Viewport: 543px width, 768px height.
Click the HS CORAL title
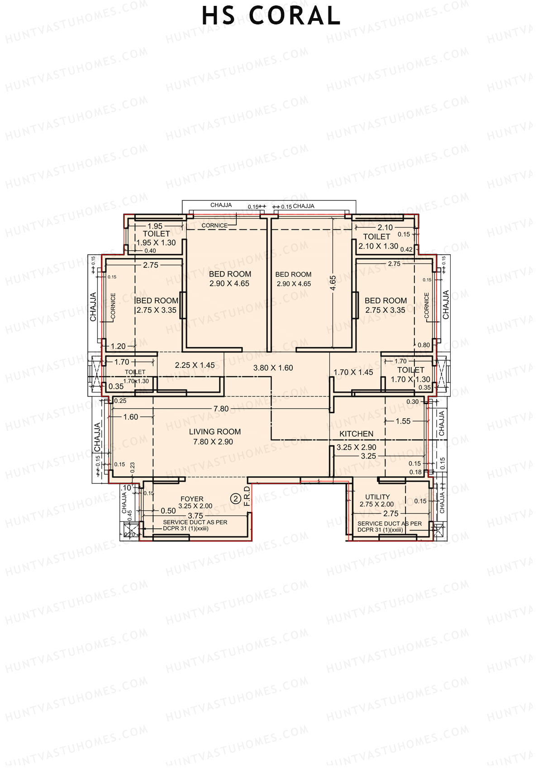pyautogui.click(x=271, y=16)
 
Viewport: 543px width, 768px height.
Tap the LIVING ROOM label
pyautogui.click(x=214, y=432)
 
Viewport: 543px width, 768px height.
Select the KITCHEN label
pyautogui.click(x=357, y=434)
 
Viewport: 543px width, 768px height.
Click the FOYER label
pyautogui.click(x=192, y=499)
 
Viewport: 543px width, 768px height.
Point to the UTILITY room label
pyautogui.click(x=377, y=497)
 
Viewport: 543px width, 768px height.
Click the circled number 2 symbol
pyautogui.click(x=235, y=499)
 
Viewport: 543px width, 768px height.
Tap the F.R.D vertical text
pyautogui.click(x=247, y=497)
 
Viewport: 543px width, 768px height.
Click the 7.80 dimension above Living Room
pyautogui.click(x=221, y=409)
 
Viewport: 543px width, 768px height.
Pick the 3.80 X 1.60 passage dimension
pyautogui.click(x=273, y=368)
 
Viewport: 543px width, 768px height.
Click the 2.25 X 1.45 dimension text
pyautogui.click(x=195, y=365)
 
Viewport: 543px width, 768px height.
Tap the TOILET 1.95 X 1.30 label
pyautogui.click(x=156, y=239)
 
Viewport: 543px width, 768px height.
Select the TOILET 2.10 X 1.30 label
pyautogui.click(x=377, y=241)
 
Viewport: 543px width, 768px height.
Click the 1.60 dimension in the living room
pyautogui.click(x=131, y=417)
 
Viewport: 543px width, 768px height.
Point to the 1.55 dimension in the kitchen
pyautogui.click(x=403, y=421)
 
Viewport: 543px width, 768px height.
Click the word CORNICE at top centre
pyautogui.click(x=214, y=225)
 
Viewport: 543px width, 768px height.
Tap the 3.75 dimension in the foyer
pyautogui.click(x=195, y=515)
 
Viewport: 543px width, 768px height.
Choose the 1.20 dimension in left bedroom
pyautogui.click(x=118, y=346)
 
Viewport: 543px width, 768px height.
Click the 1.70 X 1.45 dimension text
pyautogui.click(x=353, y=372)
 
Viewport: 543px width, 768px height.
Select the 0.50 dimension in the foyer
pyautogui.click(x=168, y=510)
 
